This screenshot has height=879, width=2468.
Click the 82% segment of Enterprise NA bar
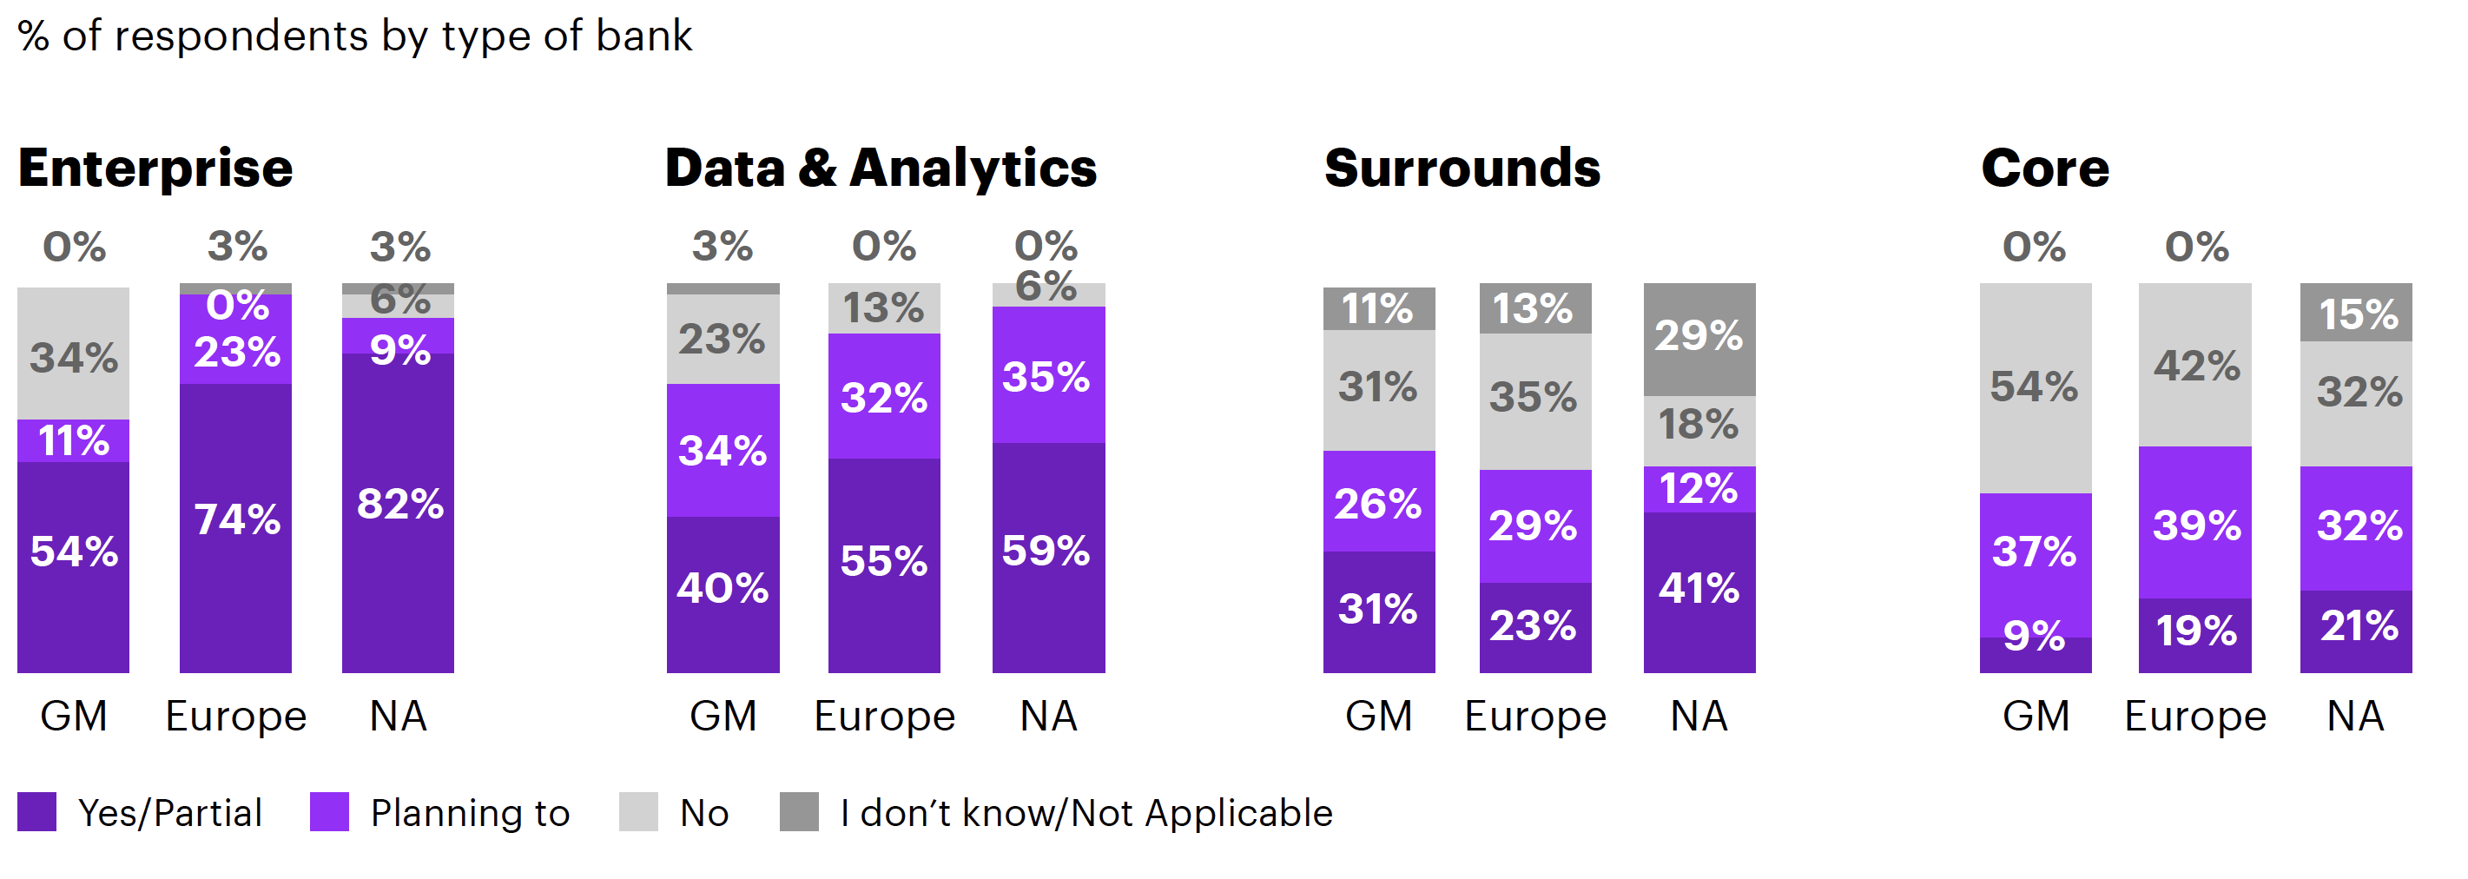pos(398,512)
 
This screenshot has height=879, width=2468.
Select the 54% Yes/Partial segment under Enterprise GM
pos(73,565)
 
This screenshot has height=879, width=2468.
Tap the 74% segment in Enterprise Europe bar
pos(235,527)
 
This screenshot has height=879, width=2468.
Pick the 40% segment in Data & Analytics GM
pos(723,593)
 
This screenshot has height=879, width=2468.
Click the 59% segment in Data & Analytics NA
pos(1048,556)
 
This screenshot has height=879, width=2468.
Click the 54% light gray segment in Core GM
pos(2035,388)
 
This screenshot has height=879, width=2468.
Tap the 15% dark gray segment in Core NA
pos(2356,313)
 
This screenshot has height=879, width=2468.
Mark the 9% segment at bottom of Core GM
pos(2035,654)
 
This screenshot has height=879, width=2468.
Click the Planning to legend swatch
pos(328,812)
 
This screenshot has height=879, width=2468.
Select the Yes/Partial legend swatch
pos(36,812)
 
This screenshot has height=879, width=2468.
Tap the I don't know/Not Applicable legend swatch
pos(798,812)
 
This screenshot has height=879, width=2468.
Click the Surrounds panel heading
pos(1462,169)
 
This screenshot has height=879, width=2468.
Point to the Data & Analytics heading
pos(881,169)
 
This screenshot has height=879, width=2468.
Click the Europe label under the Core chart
pos(2195,716)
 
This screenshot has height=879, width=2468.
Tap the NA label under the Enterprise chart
pos(398,716)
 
